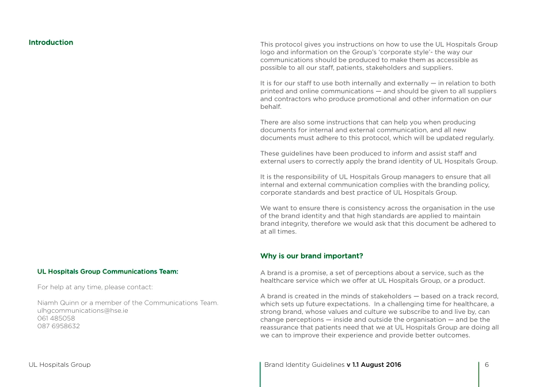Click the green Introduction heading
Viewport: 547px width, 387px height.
(x=51, y=43)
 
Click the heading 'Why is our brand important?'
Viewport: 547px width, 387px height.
(x=312, y=256)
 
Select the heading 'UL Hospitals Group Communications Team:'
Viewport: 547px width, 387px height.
(x=108, y=271)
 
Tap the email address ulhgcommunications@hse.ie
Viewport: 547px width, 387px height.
(x=82, y=310)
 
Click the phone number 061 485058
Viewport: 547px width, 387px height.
(x=56, y=318)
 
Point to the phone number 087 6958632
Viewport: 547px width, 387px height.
(x=58, y=326)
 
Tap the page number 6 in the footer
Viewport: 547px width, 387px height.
(x=487, y=365)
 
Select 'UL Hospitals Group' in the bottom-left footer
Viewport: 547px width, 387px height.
(x=59, y=365)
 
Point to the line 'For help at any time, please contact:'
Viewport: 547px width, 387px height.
(x=95, y=287)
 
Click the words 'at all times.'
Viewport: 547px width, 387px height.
(x=278, y=232)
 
